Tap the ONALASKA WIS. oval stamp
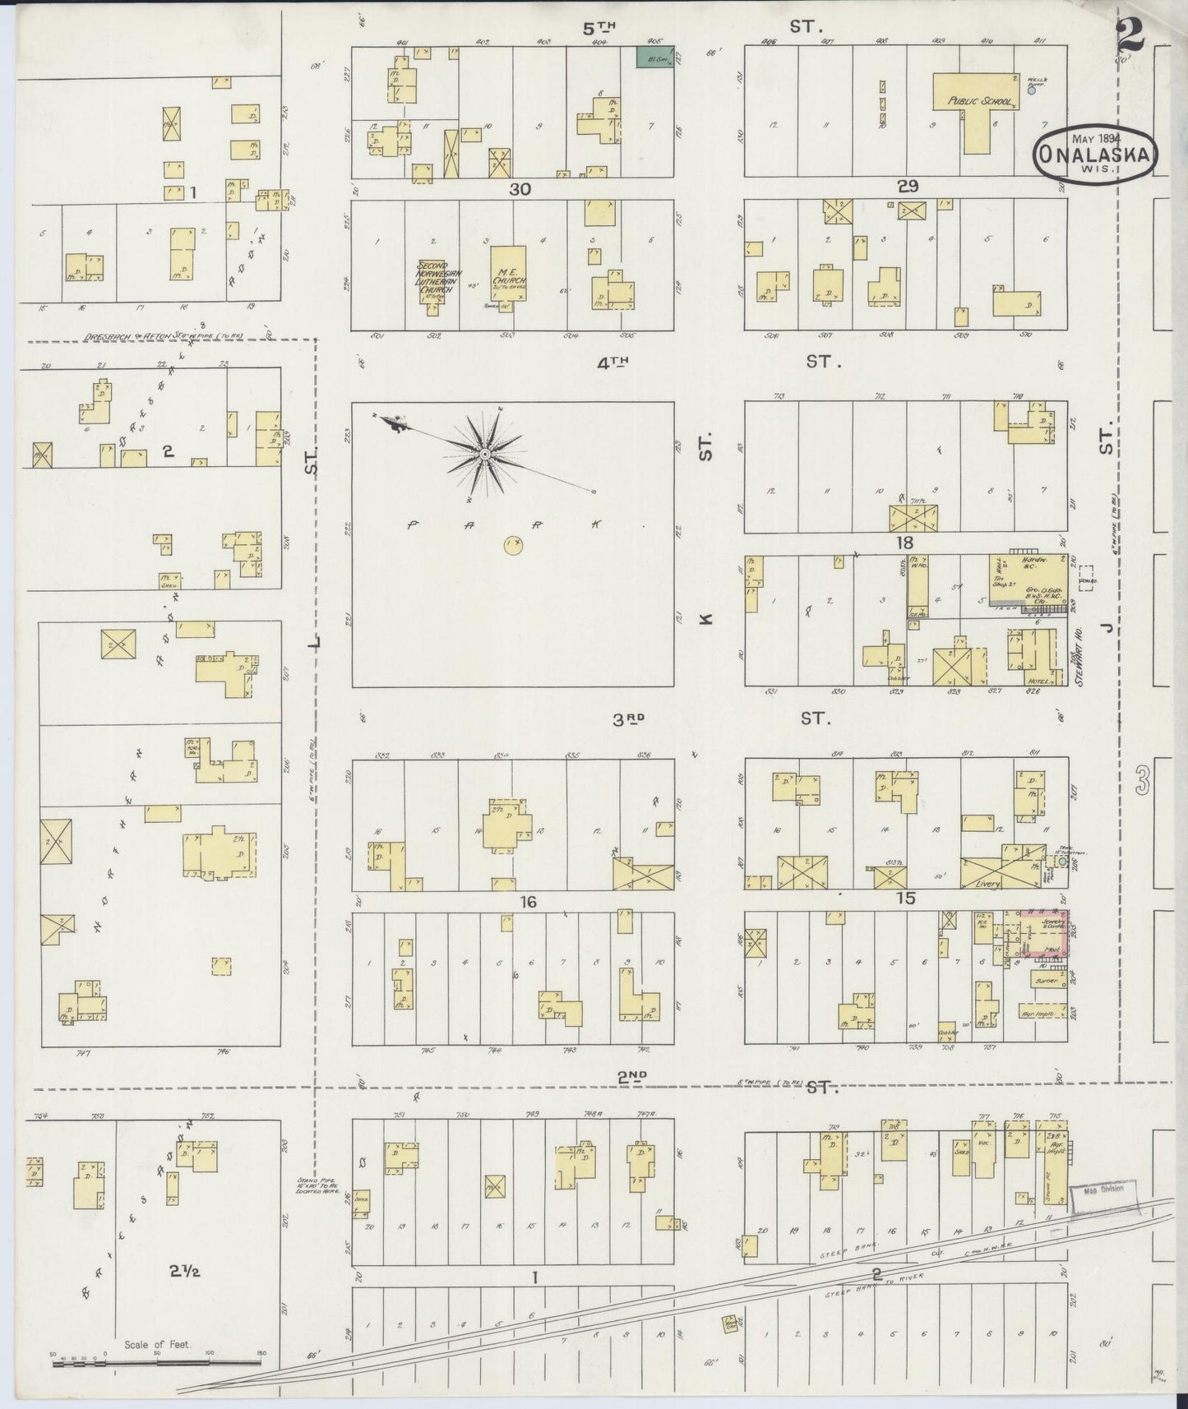pos(1096,154)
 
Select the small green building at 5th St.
pos(655,57)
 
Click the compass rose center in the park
pos(485,454)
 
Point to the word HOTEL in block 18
pos(1037,681)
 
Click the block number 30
pos(520,189)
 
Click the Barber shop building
pos(1046,981)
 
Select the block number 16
pos(527,902)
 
